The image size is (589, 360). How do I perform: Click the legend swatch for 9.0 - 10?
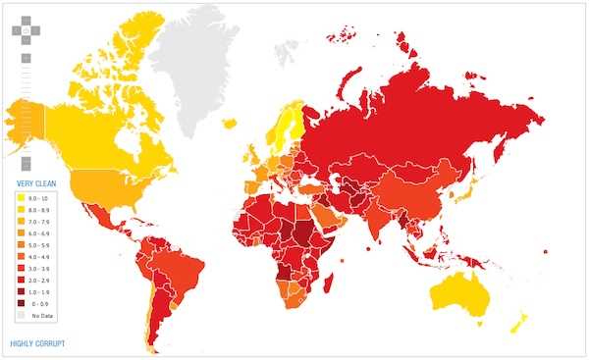click(20, 198)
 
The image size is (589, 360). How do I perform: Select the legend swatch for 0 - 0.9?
click(20, 304)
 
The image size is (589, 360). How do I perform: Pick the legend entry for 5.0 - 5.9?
click(20, 245)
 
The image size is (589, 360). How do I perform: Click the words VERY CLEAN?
click(33, 183)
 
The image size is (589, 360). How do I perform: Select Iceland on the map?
click(229, 123)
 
